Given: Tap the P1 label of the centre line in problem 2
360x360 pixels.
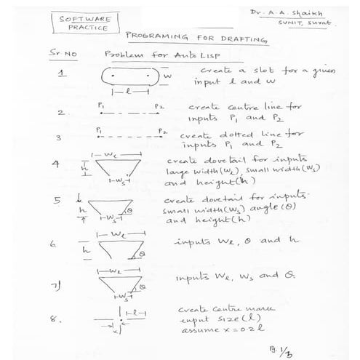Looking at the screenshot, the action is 100,106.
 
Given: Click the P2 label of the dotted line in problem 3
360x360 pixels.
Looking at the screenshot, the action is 164,131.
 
